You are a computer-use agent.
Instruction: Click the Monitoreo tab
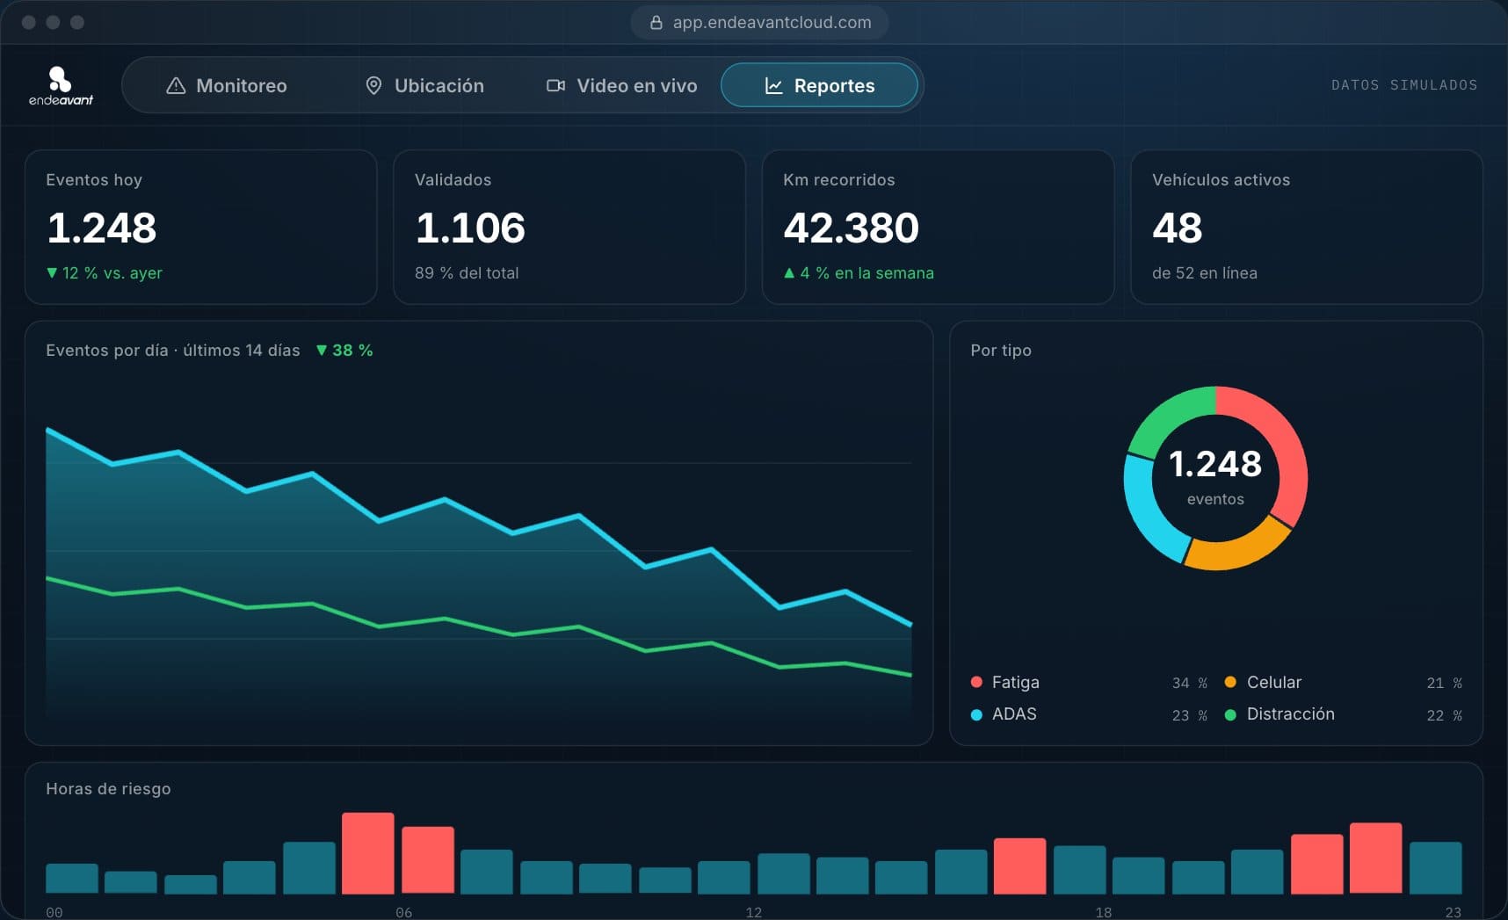coord(227,85)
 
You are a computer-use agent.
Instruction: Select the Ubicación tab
coord(424,85)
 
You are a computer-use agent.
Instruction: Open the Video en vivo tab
coord(622,85)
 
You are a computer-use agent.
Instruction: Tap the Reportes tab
coord(819,85)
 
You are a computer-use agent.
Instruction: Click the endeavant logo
coord(61,85)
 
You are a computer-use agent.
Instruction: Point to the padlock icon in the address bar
coord(656,23)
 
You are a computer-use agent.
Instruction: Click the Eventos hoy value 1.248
coord(102,228)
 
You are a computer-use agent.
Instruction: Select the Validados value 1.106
coord(470,228)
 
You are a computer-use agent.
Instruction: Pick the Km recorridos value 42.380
coord(851,228)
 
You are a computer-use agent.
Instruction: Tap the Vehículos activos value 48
coord(1177,228)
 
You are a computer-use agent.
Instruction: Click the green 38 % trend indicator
coord(344,351)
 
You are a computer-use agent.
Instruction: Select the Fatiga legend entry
coord(1005,682)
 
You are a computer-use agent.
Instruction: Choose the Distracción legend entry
coord(1280,714)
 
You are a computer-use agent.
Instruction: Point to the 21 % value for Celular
coord(1444,683)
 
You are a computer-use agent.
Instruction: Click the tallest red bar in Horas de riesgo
coord(367,853)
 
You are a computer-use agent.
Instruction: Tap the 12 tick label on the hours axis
coord(753,912)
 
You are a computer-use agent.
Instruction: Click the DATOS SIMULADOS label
coord(1404,85)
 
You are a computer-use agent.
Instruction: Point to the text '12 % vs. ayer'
coord(112,273)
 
